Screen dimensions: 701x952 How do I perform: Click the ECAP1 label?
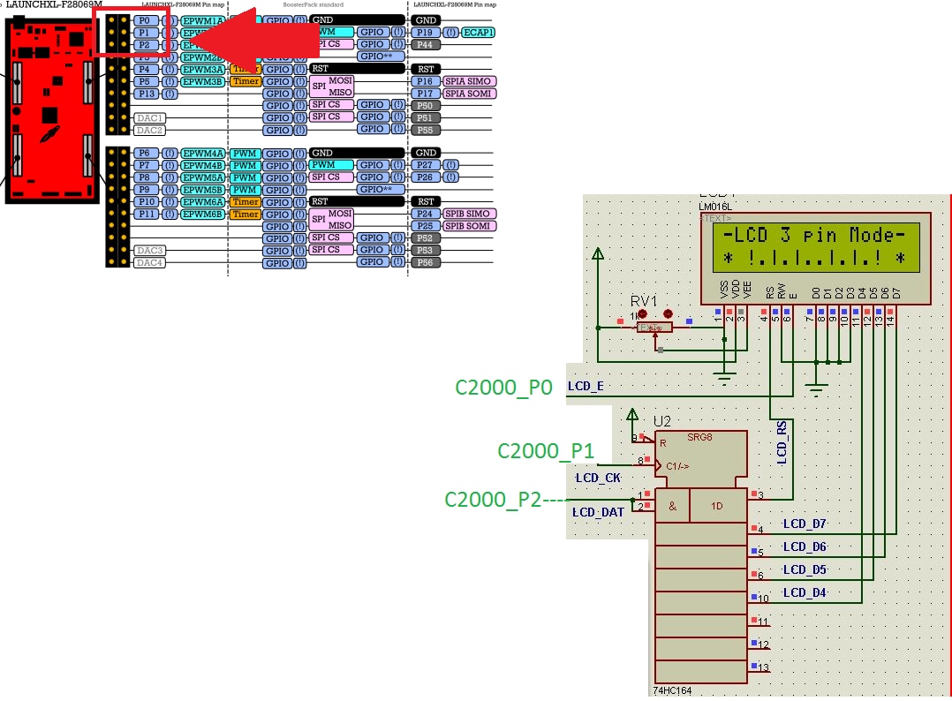(x=478, y=33)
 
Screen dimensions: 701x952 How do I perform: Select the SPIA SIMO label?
(x=467, y=81)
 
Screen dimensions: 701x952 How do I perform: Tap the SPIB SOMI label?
(x=467, y=226)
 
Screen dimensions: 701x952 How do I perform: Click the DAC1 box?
(x=149, y=117)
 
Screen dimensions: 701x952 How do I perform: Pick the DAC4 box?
(x=149, y=262)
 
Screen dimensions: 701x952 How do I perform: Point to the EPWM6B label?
(x=202, y=214)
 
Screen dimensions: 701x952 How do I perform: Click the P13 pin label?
(x=147, y=94)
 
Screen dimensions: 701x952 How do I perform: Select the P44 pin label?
(x=426, y=44)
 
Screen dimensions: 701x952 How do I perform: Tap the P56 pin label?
(x=426, y=262)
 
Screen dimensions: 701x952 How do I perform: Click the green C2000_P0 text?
(x=503, y=387)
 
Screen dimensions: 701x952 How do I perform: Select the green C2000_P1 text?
(x=546, y=451)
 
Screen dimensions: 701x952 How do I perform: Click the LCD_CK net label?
(x=598, y=478)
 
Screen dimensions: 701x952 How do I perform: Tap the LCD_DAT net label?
(x=598, y=512)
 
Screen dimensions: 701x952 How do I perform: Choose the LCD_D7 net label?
(x=805, y=524)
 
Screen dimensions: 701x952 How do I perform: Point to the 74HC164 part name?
(x=673, y=690)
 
